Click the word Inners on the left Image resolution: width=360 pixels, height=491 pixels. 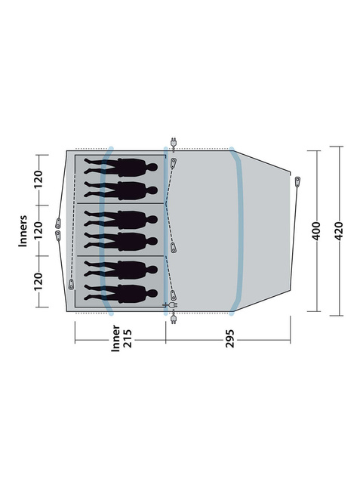[x=23, y=231]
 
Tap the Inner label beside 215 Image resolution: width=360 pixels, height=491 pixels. [x=115, y=338]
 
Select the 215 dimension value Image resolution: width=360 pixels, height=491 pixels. [x=128, y=338]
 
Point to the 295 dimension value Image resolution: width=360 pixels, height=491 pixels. [x=230, y=338]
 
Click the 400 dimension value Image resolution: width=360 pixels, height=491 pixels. [x=316, y=231]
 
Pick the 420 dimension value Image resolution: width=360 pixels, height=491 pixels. [x=339, y=231]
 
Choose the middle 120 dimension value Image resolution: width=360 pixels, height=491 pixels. [x=38, y=230]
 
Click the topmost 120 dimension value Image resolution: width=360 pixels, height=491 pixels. [x=38, y=180]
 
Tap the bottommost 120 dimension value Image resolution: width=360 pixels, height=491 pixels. [x=38, y=282]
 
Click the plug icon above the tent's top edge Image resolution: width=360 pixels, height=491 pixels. [x=174, y=143]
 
